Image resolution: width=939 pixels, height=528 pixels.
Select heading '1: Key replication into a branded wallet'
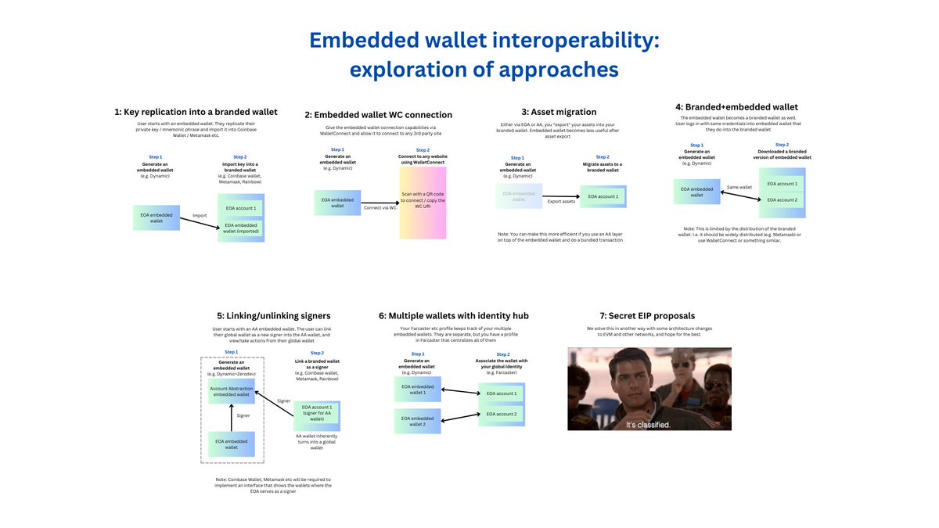[x=196, y=112]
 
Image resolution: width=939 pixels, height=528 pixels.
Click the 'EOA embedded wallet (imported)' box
[x=241, y=228]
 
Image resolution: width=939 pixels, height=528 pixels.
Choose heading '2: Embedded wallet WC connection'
[x=378, y=115]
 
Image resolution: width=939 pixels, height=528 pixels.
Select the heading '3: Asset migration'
[x=559, y=112]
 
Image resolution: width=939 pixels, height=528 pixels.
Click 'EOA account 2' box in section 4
[x=782, y=200]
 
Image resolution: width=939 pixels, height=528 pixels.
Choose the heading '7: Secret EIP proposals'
[x=649, y=316]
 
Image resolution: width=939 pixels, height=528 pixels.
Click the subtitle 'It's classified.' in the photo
[x=648, y=424]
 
